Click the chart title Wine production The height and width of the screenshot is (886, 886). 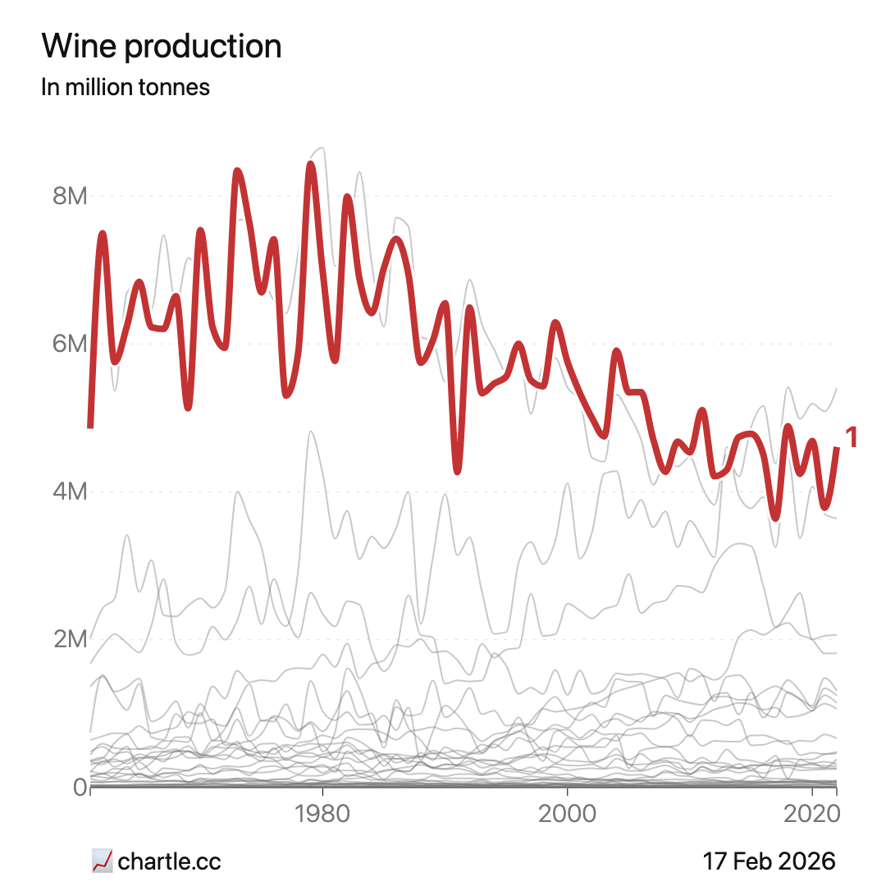(162, 47)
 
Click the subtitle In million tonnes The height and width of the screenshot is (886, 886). (126, 87)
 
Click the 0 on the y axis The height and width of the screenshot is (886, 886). (80, 787)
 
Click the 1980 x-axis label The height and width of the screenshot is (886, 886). (322, 815)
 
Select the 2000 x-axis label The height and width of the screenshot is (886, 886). (567, 815)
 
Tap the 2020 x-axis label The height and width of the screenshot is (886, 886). (811, 815)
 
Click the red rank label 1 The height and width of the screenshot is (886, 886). (852, 438)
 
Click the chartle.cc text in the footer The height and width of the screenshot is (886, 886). (170, 861)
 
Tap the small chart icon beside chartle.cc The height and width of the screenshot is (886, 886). (102, 861)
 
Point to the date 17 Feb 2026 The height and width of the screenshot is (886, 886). (769, 861)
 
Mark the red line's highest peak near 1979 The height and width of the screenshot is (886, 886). (311, 164)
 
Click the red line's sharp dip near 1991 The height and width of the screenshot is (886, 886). (458, 470)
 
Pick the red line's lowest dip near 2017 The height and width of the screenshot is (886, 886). (775, 517)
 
